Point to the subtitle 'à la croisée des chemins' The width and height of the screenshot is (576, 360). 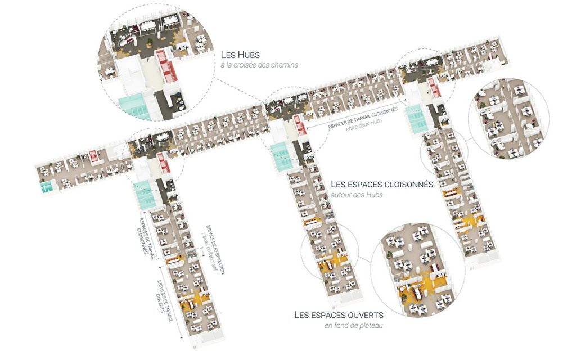tap(259, 65)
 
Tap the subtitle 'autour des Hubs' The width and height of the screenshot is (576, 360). tap(357, 195)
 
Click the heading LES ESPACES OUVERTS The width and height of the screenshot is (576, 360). tap(339, 315)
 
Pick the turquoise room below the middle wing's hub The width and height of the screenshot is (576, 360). tap(279, 157)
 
